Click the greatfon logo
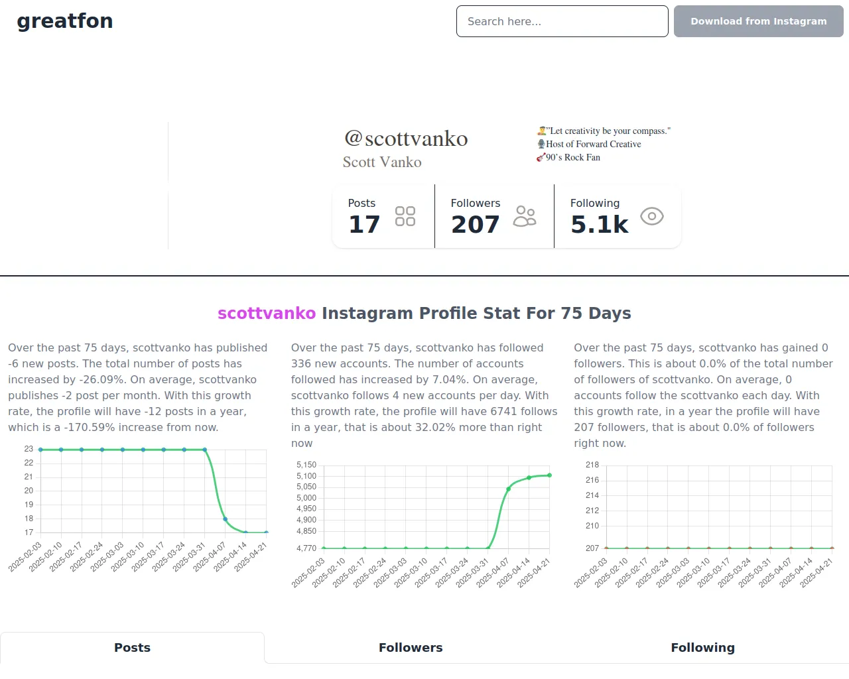[x=65, y=21]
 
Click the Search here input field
[x=562, y=21]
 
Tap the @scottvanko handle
[x=406, y=138]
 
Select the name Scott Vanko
[x=382, y=162]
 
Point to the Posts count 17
[x=364, y=225]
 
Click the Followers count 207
[x=475, y=225]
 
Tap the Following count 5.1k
[x=599, y=225]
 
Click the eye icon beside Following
[x=651, y=216]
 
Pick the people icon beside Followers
[x=525, y=216]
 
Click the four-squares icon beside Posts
[x=405, y=216]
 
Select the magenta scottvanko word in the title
[x=267, y=313]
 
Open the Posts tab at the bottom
[x=132, y=648]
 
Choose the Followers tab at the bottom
[x=411, y=648]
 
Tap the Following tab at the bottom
[x=702, y=648]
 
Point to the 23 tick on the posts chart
[x=29, y=449]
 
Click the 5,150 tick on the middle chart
[x=306, y=465]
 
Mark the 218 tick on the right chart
[x=592, y=465]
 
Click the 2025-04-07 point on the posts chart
[x=226, y=519]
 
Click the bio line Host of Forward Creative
[x=593, y=144]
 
